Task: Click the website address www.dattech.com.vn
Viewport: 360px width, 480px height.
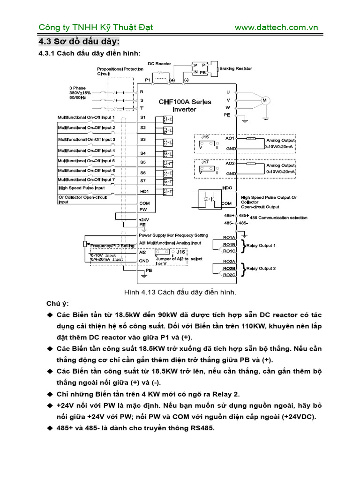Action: coord(276,27)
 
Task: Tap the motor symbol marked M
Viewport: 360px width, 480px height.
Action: coord(264,100)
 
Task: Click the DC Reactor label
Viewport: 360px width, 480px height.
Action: coord(159,63)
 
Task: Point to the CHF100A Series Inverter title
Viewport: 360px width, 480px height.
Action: coord(185,105)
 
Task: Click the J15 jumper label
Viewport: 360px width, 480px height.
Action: coord(205,137)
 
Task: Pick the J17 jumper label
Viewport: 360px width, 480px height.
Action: coord(205,162)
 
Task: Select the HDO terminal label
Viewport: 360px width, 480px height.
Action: coord(227,187)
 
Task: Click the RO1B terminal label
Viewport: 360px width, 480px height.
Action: coord(229,245)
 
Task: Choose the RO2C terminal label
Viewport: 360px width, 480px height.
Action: coord(229,275)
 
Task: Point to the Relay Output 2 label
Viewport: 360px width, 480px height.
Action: coord(261,269)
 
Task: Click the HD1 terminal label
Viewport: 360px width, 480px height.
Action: coord(144,192)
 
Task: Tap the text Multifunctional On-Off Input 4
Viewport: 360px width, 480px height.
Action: coord(86,150)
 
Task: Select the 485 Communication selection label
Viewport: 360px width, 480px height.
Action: coord(278,217)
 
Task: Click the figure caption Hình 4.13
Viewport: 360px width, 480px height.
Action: coord(180,292)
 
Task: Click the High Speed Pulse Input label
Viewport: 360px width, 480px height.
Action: coord(82,188)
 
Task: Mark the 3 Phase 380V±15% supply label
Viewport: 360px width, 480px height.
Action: coord(80,93)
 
